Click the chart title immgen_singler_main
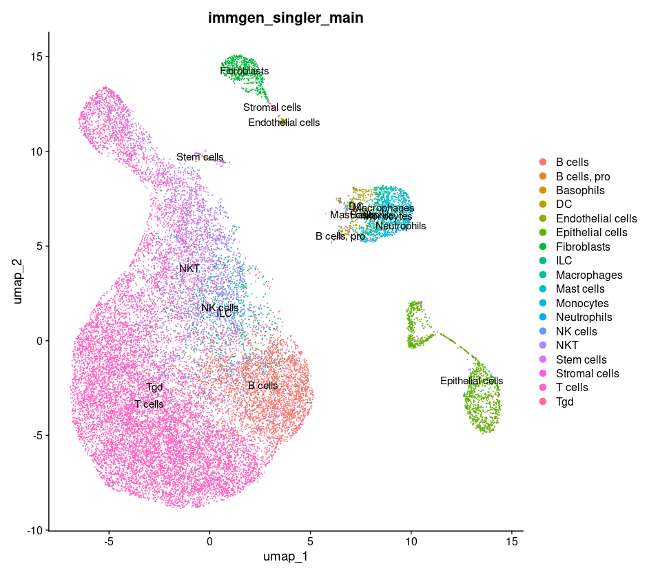(x=285, y=19)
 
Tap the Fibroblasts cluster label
(x=245, y=71)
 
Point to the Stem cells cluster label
(x=200, y=157)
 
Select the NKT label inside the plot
(x=189, y=269)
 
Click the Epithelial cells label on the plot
(x=472, y=381)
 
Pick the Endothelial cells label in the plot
(x=284, y=123)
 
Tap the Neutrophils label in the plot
(x=401, y=226)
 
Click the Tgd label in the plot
(x=154, y=387)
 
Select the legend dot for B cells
(x=543, y=162)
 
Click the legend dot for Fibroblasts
(x=543, y=247)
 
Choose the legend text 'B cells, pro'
(x=583, y=176)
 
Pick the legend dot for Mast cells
(x=543, y=289)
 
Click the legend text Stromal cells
(x=588, y=373)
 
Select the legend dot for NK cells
(x=543, y=331)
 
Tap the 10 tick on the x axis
(x=411, y=542)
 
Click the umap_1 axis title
(x=285, y=556)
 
